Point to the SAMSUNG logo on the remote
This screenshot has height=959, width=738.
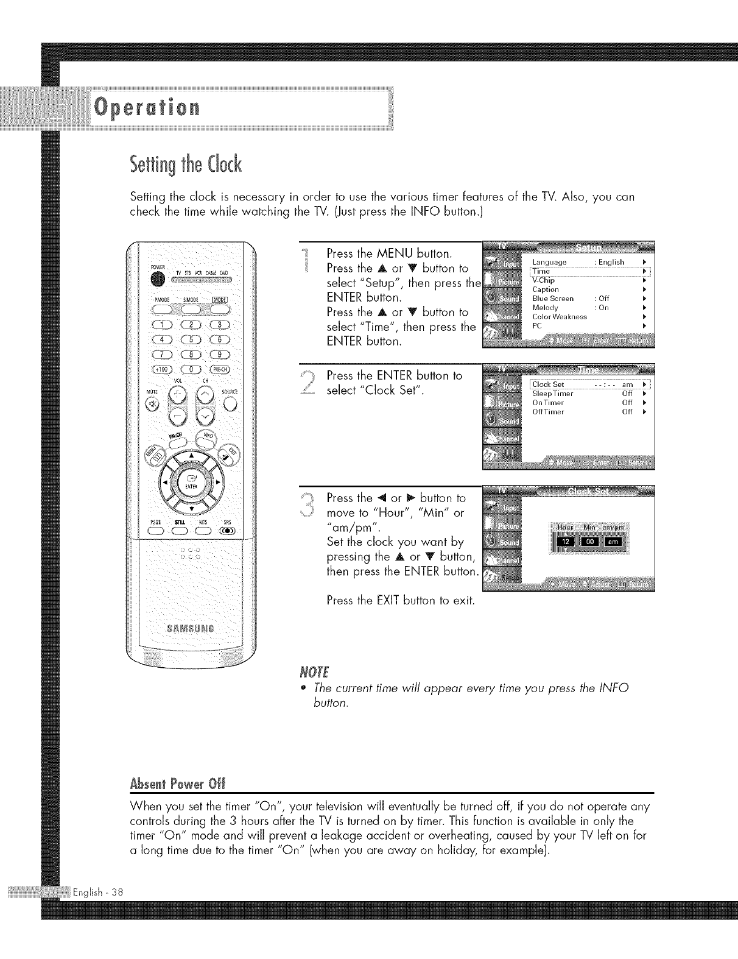pyautogui.click(x=191, y=629)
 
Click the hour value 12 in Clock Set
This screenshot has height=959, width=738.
pyautogui.click(x=563, y=542)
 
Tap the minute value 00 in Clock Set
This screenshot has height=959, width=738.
pyautogui.click(x=588, y=542)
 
